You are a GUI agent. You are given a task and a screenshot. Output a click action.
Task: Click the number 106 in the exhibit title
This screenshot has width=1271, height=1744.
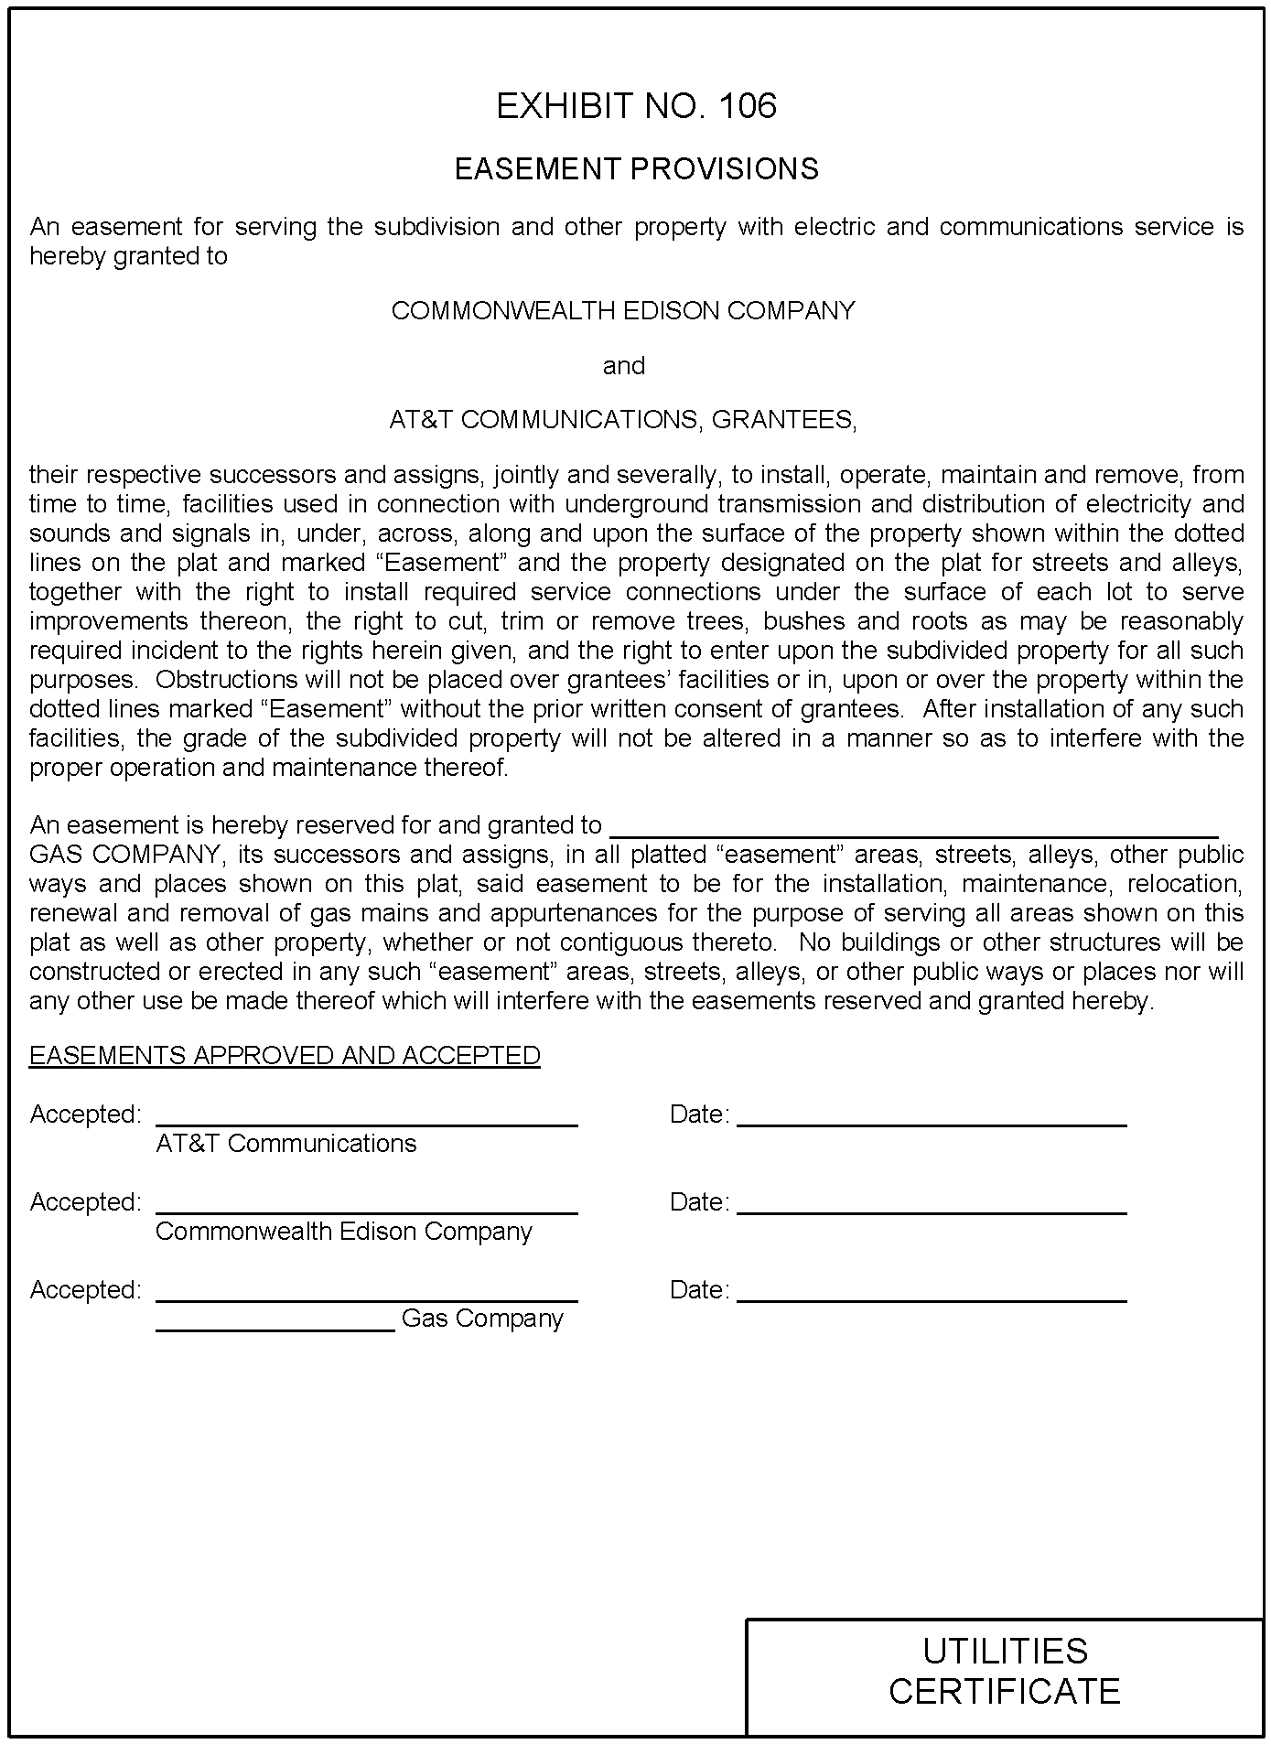click(748, 106)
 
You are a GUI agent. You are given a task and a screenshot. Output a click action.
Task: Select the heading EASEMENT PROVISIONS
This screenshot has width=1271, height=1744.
click(636, 169)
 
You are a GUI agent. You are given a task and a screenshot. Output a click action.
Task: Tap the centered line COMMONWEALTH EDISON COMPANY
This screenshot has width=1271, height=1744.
click(622, 311)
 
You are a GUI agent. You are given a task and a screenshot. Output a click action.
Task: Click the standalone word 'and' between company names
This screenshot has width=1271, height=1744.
click(623, 366)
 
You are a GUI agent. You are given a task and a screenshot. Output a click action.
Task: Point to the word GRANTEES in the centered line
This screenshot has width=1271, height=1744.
click(783, 420)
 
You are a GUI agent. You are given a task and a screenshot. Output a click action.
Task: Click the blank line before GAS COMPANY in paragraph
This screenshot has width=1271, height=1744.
click(913, 833)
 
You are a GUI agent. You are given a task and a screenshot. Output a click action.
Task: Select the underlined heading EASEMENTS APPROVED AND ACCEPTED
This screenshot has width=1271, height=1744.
click(285, 1056)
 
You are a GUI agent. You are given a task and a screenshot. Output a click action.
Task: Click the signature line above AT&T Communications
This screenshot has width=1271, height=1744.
click(366, 1122)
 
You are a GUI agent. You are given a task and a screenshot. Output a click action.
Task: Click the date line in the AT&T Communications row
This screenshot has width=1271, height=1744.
click(932, 1122)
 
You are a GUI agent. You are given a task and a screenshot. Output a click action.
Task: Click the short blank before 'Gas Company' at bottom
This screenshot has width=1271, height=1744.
click(275, 1327)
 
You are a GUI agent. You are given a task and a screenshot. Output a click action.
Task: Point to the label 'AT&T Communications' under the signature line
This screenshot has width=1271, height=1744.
click(285, 1144)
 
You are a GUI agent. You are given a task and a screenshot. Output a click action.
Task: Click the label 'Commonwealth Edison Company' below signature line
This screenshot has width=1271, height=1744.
click(343, 1232)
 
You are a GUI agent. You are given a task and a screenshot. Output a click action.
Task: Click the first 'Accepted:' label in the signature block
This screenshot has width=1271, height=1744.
click(85, 1114)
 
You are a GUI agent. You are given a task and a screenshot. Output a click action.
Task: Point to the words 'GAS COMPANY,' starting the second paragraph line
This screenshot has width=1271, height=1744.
click(125, 855)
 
